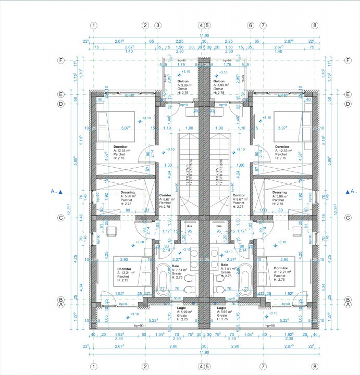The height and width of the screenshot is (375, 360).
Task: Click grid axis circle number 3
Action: click(x=158, y=25)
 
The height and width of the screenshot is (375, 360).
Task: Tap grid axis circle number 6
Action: click(x=251, y=25)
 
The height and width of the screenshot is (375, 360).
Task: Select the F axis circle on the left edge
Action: click(x=61, y=60)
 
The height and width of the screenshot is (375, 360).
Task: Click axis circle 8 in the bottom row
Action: click(x=315, y=367)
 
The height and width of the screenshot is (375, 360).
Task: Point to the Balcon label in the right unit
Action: click(x=219, y=82)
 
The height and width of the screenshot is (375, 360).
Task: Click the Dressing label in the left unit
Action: click(x=128, y=192)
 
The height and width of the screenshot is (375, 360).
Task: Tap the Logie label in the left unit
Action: click(x=182, y=308)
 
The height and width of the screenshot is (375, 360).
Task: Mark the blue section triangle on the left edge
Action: click(x=60, y=192)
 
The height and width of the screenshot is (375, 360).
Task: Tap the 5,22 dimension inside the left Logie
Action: click(x=139, y=320)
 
